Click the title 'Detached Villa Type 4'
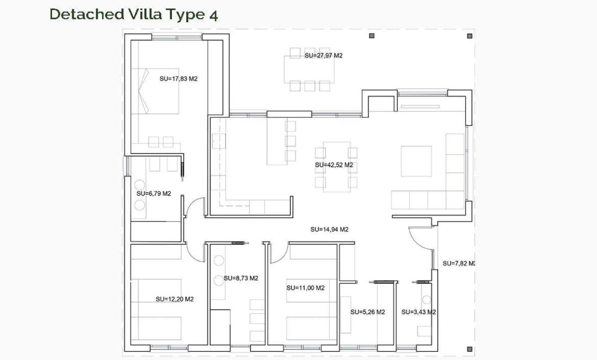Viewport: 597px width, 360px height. [133, 14]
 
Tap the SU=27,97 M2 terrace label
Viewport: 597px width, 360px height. [323, 55]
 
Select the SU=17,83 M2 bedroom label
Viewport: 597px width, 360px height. [178, 79]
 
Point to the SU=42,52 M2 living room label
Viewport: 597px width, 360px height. [334, 165]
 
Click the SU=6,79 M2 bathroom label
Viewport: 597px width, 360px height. [153, 194]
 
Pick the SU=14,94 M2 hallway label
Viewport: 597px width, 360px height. [329, 230]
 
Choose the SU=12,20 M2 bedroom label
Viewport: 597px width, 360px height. [175, 299]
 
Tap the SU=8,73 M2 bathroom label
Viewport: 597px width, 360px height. [240, 278]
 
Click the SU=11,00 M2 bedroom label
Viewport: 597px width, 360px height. [305, 288]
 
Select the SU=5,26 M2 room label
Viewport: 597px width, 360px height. [367, 312]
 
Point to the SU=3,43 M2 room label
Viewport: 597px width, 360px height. [418, 312]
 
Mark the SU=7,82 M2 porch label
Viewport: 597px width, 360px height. [458, 263]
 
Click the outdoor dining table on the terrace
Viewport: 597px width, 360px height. [310, 68]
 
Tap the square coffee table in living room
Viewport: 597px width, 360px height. [416, 161]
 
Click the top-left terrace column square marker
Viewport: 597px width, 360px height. [372, 36]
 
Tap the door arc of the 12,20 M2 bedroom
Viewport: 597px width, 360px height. [196, 252]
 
